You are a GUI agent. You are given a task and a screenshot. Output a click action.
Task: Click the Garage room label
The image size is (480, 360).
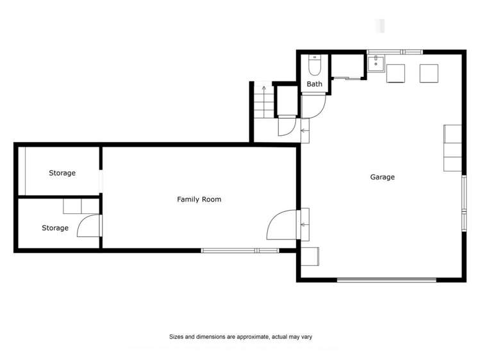pyautogui.click(x=383, y=177)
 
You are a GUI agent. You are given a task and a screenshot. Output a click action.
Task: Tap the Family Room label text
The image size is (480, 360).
pyautogui.click(x=199, y=199)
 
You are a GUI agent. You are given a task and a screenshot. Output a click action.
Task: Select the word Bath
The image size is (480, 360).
pyautogui.click(x=314, y=84)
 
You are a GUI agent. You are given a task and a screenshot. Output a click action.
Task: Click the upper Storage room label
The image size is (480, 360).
pyautogui.click(x=62, y=173)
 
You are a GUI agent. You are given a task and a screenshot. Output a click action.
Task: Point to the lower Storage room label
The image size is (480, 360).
pyautogui.click(x=55, y=227)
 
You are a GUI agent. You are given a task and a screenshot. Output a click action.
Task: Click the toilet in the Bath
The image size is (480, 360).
pyautogui.click(x=314, y=67)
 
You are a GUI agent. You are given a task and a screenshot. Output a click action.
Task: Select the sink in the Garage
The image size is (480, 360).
pyautogui.click(x=376, y=63)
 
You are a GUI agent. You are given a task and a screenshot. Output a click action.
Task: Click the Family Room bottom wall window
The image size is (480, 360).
pyautogui.click(x=240, y=250)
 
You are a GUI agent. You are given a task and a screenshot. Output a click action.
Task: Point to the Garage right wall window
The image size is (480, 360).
pyautogui.click(x=464, y=202)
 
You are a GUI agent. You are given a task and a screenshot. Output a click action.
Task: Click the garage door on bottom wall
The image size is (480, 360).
pyautogui.click(x=387, y=279)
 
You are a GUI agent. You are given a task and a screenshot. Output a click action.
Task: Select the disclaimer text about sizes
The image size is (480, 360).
pyautogui.click(x=240, y=336)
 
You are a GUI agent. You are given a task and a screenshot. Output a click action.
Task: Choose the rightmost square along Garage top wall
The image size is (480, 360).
pyautogui.click(x=427, y=73)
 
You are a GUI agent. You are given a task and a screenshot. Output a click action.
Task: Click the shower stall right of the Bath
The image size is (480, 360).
pyautogui.click(x=347, y=67)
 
